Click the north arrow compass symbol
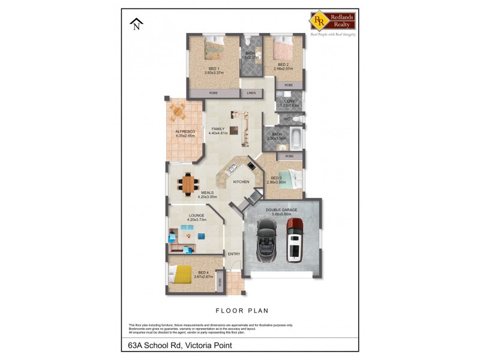click(137, 24)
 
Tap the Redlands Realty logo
click(332, 22)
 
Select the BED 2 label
click(283, 64)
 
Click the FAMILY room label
click(217, 128)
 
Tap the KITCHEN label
click(241, 182)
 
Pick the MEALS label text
click(191, 193)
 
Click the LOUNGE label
click(197, 215)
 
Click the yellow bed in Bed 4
click(181, 275)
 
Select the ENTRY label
click(234, 254)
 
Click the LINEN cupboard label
click(251, 93)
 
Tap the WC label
click(287, 119)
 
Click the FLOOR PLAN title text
click(242, 311)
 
